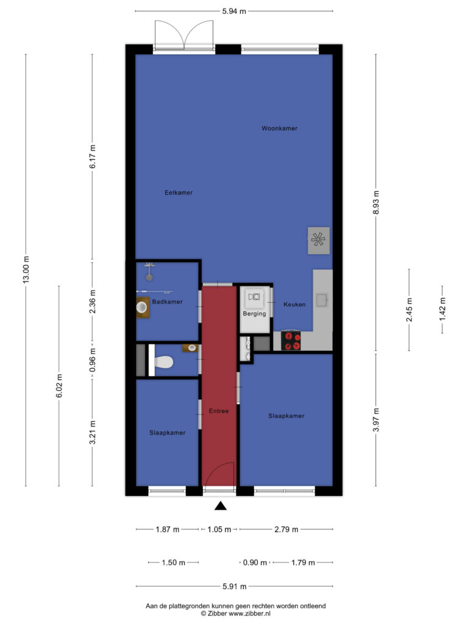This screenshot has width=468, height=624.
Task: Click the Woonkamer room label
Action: point(279,128)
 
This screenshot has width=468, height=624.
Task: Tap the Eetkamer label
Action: point(179,193)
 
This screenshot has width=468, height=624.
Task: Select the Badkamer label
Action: point(168,302)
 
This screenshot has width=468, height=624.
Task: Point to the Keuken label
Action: point(294,305)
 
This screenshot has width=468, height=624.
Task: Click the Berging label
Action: point(254,314)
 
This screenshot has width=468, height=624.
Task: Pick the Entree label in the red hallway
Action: point(219,411)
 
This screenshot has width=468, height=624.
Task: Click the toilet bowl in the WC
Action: point(164,362)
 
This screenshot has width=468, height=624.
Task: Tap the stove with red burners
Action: point(291,341)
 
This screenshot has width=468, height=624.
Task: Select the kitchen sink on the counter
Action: point(322,300)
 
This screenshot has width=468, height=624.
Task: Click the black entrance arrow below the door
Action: point(221,506)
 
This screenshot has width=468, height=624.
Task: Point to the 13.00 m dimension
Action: point(26,270)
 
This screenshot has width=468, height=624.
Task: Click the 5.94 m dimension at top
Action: point(234,11)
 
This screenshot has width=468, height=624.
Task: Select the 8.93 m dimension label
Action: point(376,202)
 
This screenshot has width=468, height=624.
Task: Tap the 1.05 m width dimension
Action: point(219,530)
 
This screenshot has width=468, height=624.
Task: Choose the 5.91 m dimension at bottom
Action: point(235,586)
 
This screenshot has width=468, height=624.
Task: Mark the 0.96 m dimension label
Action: point(93,360)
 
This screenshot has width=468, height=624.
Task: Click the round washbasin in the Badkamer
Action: point(141,307)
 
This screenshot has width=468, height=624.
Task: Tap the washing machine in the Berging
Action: point(254,297)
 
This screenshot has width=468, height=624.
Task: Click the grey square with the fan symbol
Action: point(318,240)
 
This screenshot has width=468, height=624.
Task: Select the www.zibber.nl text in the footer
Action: point(249,614)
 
